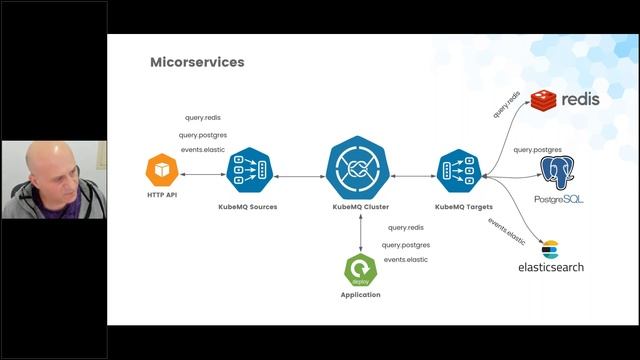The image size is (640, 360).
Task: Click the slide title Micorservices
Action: pos(196,63)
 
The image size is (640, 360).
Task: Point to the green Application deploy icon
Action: pos(359,270)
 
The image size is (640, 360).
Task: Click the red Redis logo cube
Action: pos(544,100)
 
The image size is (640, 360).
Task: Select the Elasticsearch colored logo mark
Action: pos(548,247)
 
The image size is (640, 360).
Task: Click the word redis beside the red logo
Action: pos(581,101)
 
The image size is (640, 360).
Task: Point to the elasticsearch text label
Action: pos(551,267)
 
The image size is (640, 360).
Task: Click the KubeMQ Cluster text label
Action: pos(359,207)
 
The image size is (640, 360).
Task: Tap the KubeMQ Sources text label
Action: pos(247,207)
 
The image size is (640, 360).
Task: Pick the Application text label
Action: pos(360,295)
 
